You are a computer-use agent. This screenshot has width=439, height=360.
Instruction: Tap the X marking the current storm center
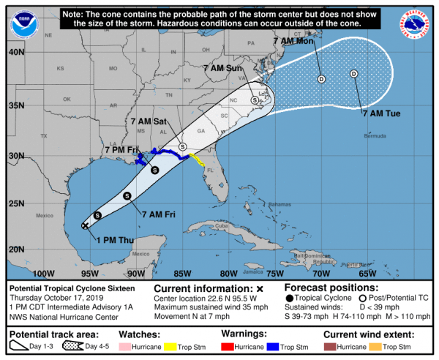86,226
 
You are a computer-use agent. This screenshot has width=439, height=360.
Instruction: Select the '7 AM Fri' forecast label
158,214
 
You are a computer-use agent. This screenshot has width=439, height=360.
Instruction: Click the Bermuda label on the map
374,137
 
